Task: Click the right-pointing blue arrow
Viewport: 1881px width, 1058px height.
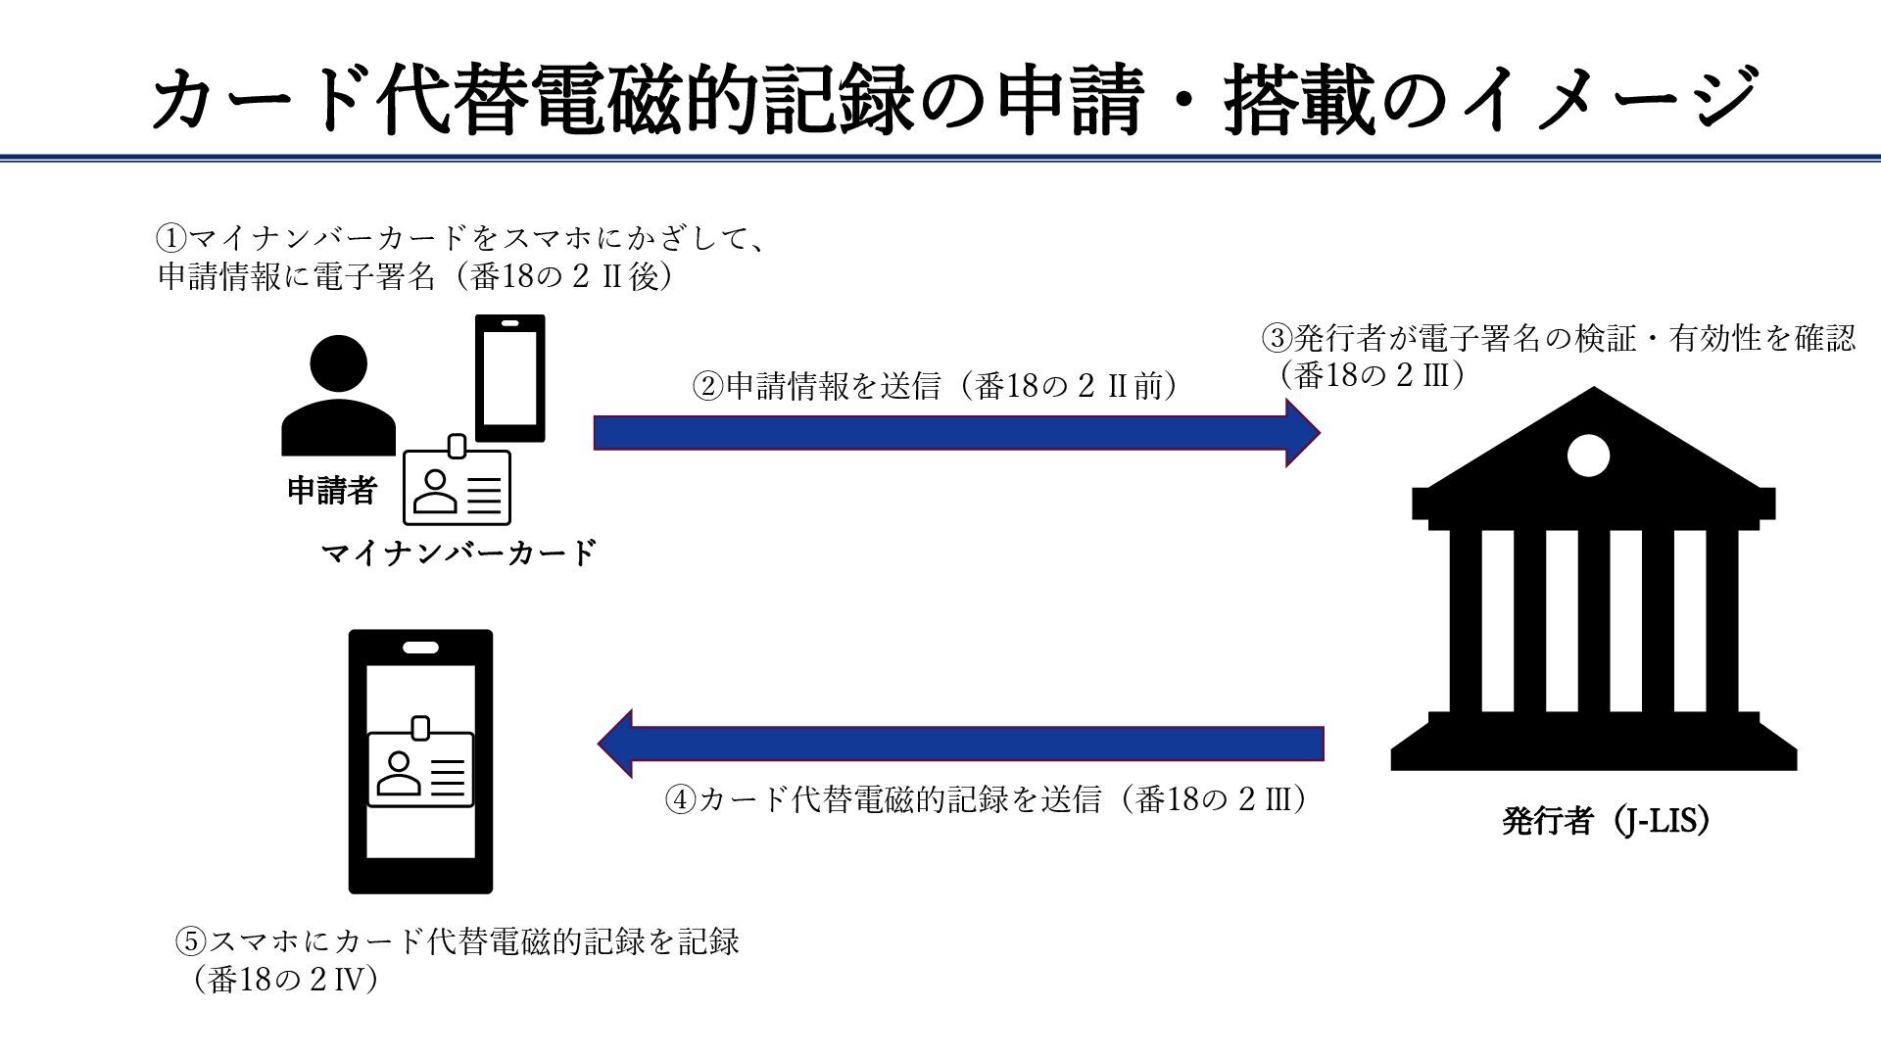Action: [x=955, y=432]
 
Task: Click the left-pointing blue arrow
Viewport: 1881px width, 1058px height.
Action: [x=960, y=743]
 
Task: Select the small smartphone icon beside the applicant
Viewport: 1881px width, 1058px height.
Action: [x=509, y=378]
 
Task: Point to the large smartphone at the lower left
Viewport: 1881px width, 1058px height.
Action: [x=420, y=761]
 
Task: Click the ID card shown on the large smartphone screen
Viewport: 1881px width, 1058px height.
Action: [x=420, y=767]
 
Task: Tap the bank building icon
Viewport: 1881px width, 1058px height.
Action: [x=1593, y=588]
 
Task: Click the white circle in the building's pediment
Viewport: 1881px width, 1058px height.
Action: [x=1587, y=455]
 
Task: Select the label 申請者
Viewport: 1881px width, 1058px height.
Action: [x=331, y=490]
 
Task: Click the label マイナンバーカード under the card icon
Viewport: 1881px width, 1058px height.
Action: [x=458, y=553]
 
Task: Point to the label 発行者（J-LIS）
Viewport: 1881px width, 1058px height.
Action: [x=1606, y=821]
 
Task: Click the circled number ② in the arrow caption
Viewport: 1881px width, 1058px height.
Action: [x=707, y=387]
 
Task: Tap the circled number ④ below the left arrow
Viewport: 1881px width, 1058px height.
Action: [x=681, y=800]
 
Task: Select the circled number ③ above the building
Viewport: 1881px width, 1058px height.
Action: [x=1277, y=339]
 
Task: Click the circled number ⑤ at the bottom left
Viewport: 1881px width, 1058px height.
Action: [x=191, y=942]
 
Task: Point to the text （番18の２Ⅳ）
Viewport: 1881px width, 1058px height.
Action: [x=285, y=980]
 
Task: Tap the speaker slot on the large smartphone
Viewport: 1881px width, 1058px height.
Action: [x=420, y=647]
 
